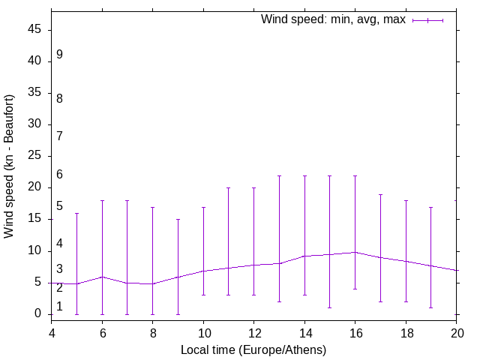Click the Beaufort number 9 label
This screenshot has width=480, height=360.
59,55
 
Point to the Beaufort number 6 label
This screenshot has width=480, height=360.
59,175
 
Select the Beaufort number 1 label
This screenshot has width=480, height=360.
59,306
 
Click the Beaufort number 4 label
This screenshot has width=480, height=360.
59,244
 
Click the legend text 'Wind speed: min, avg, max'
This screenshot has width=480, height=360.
333,19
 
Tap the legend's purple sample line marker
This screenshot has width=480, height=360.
428,20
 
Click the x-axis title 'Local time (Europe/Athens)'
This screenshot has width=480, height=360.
253,349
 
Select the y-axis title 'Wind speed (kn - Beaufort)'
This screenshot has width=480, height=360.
10,166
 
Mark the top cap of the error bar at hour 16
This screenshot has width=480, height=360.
355,175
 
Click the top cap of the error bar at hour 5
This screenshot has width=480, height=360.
76,213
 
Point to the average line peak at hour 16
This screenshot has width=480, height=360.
355,252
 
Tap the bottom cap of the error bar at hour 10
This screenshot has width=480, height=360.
203,295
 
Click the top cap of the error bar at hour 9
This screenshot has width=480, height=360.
178,219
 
